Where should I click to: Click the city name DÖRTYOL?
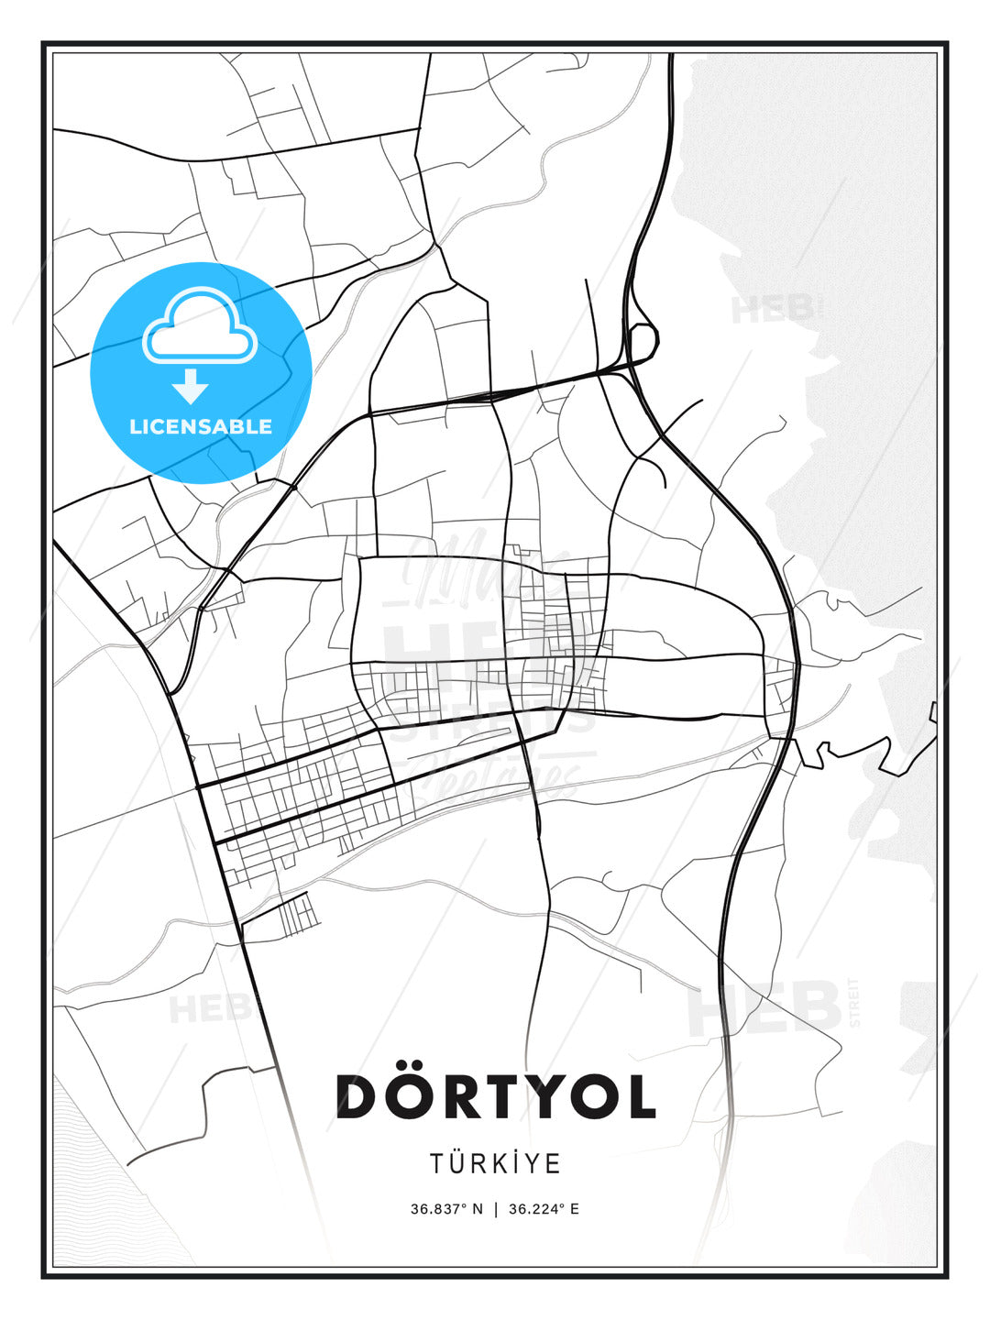(496, 1095)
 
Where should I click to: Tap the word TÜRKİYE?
(496, 1163)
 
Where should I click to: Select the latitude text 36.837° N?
(446, 1209)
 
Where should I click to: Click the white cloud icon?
(199, 326)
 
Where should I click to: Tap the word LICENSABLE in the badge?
(201, 426)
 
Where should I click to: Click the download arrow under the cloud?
(191, 386)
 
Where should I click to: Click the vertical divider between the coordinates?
(495, 1209)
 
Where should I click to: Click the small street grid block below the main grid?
(295, 915)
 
